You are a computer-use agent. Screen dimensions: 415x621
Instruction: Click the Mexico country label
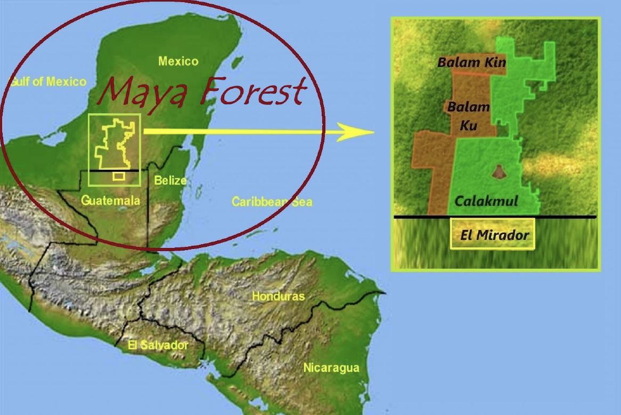pos(178,61)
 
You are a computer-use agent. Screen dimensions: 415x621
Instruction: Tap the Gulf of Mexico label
pos(48,82)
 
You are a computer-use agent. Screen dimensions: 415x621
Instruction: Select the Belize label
pos(170,180)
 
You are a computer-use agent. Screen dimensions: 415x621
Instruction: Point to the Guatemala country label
pos(110,201)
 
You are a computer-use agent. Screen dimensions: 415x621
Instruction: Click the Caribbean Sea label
pos(272,202)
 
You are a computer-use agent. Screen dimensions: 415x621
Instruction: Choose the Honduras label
pos(278,296)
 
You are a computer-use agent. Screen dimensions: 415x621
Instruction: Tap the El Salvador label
pos(158,345)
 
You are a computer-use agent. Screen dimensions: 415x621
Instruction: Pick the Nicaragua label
pos(331,368)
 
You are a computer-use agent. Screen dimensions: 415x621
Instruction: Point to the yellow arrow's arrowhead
pos(357,132)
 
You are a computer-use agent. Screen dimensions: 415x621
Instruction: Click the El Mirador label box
pos(493,234)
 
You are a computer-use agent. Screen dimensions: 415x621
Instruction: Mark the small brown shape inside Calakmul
pos(499,172)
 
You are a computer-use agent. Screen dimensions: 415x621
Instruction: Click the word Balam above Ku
pos(468,107)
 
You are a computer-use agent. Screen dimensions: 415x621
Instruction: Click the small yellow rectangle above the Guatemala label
pos(119,176)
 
